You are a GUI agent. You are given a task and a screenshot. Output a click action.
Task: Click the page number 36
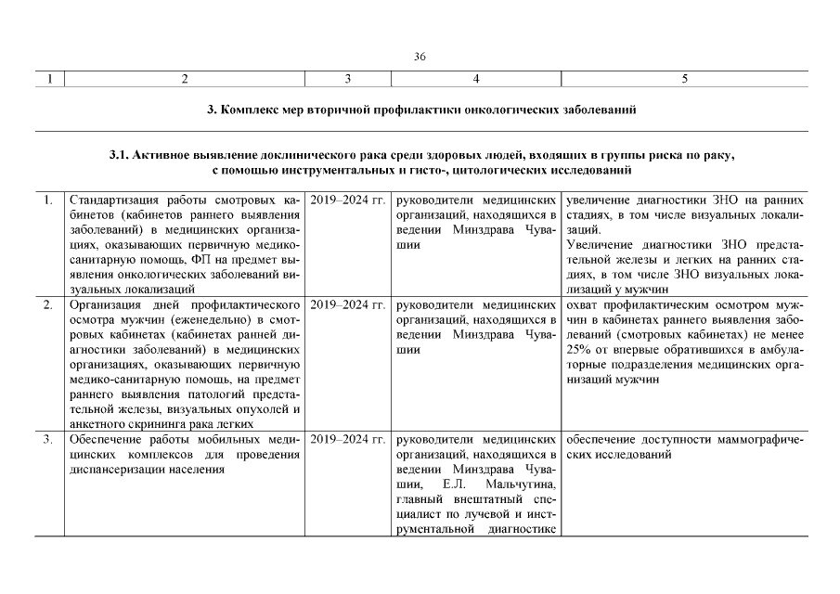point(420,57)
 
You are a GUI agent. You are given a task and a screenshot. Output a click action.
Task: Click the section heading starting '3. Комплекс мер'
point(420,110)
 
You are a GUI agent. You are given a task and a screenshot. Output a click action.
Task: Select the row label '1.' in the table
point(47,200)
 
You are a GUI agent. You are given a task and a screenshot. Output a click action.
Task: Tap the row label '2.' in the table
point(47,304)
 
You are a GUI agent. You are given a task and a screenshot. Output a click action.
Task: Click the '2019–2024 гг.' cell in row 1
point(347,200)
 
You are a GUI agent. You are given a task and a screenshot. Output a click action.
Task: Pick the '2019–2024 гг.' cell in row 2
point(347,304)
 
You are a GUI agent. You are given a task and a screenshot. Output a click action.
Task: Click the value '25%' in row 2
point(576,349)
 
